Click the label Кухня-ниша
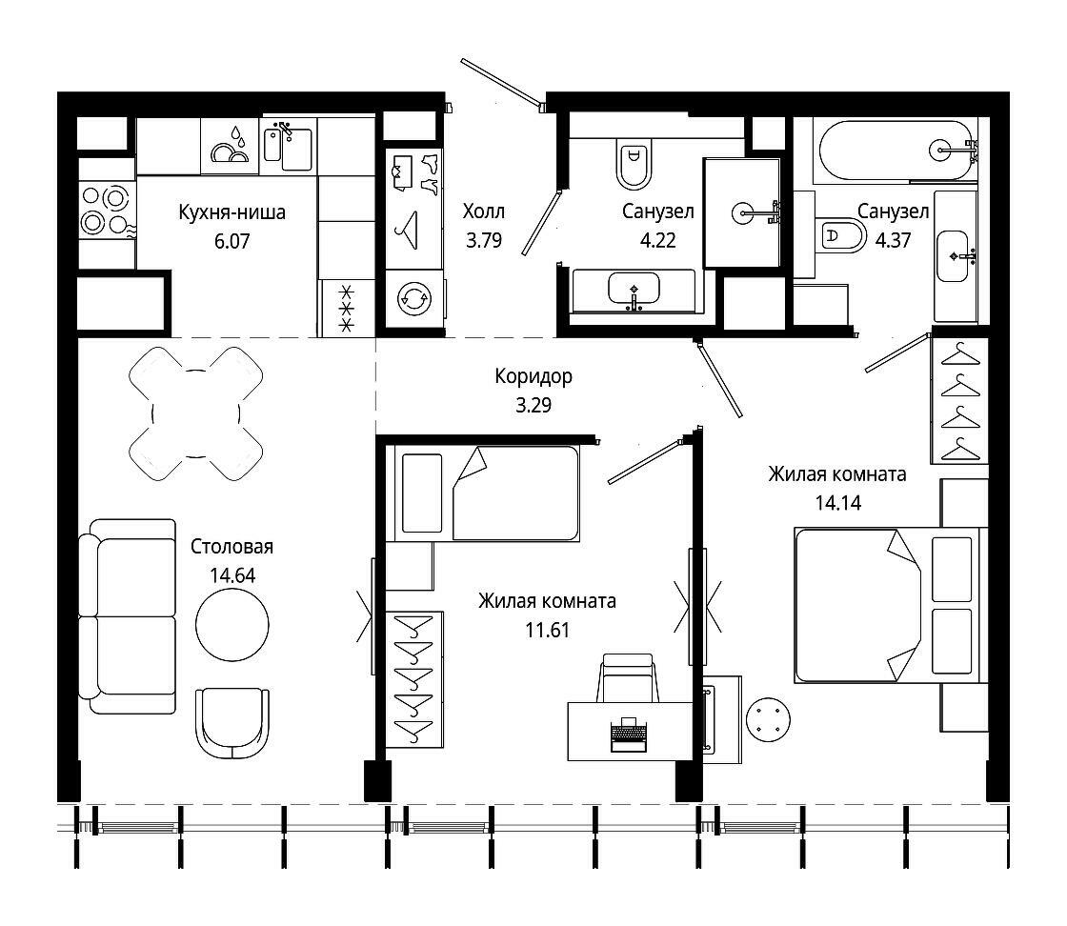tap(232, 212)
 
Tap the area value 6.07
tap(232, 242)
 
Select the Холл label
tap(484, 211)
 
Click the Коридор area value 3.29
tap(533, 406)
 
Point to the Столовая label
tap(232, 546)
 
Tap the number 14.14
tap(838, 503)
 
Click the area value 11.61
tap(547, 630)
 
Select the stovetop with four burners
tap(107, 211)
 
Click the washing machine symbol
tap(413, 298)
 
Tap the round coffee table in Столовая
tap(232, 625)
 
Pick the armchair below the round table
tap(232, 726)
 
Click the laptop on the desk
tap(628, 735)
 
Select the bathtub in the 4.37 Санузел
tap(896, 151)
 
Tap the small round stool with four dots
tap(768, 719)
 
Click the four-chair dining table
tap(196, 413)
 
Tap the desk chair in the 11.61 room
tap(628, 677)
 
